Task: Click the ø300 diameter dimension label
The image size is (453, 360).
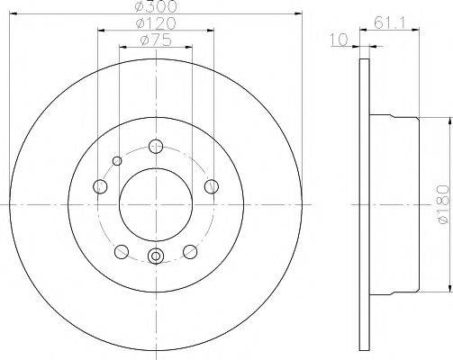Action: (x=156, y=7)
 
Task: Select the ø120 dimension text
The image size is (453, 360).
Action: (x=156, y=22)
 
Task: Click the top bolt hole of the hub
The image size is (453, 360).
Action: (x=156, y=147)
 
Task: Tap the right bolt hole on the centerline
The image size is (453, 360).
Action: (x=213, y=186)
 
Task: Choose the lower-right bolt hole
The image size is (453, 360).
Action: (x=190, y=251)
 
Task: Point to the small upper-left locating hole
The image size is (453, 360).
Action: (x=116, y=162)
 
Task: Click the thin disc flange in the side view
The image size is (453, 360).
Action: (x=364, y=204)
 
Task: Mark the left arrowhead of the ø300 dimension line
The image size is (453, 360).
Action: (x=15, y=15)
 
